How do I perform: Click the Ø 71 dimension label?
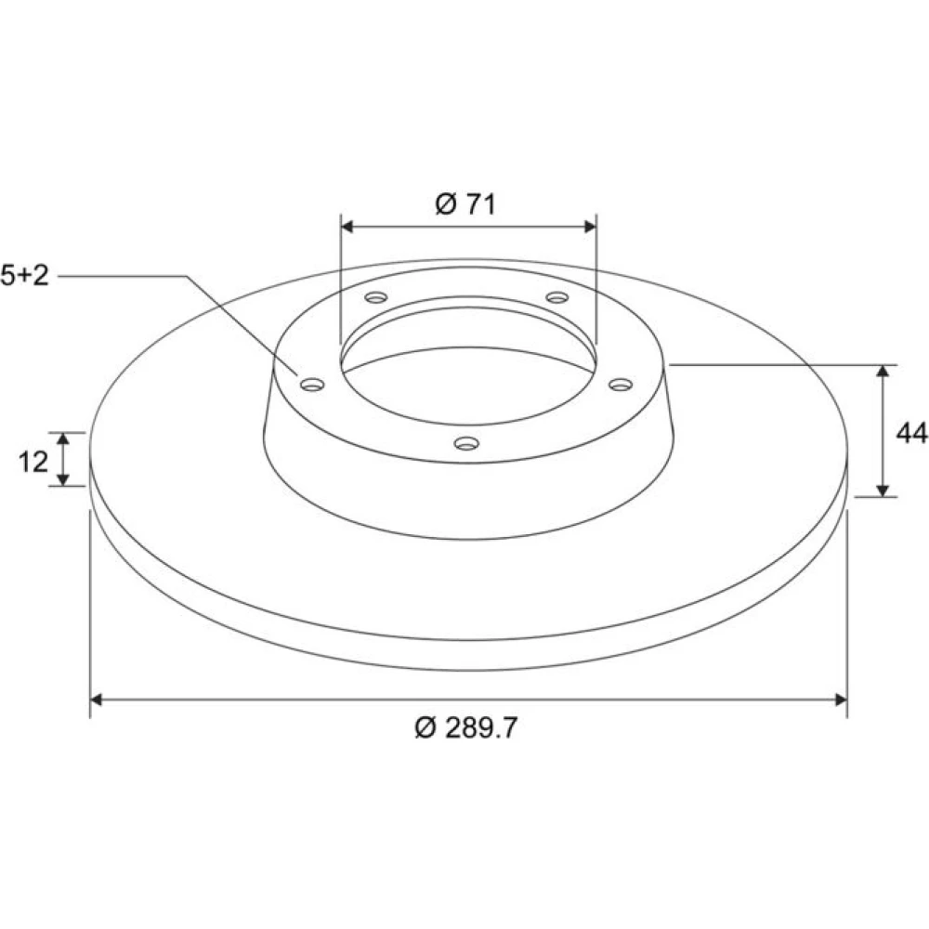click(x=465, y=204)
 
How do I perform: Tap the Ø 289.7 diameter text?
click(x=466, y=727)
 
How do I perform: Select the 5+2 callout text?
click(x=24, y=276)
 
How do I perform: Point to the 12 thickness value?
click(x=33, y=462)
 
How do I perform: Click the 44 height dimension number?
click(x=912, y=433)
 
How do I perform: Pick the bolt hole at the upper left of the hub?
click(x=376, y=297)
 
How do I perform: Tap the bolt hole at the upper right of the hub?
click(x=557, y=297)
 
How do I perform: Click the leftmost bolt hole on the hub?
click(x=312, y=386)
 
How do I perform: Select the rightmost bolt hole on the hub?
click(x=621, y=386)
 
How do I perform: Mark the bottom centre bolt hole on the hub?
click(x=466, y=443)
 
